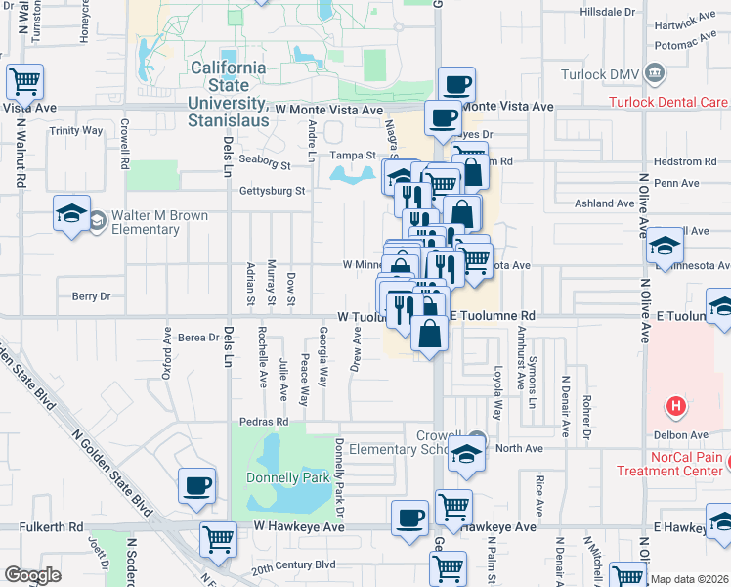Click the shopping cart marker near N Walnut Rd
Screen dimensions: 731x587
(25, 81)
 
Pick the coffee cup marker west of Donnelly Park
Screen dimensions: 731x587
(196, 485)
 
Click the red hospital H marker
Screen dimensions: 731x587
(673, 405)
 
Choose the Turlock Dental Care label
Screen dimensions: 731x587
(668, 102)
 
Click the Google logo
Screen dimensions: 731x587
(32, 575)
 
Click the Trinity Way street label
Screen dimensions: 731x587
(76, 130)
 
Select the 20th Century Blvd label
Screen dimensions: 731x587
(292, 565)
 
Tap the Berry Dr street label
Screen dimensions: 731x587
(92, 295)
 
